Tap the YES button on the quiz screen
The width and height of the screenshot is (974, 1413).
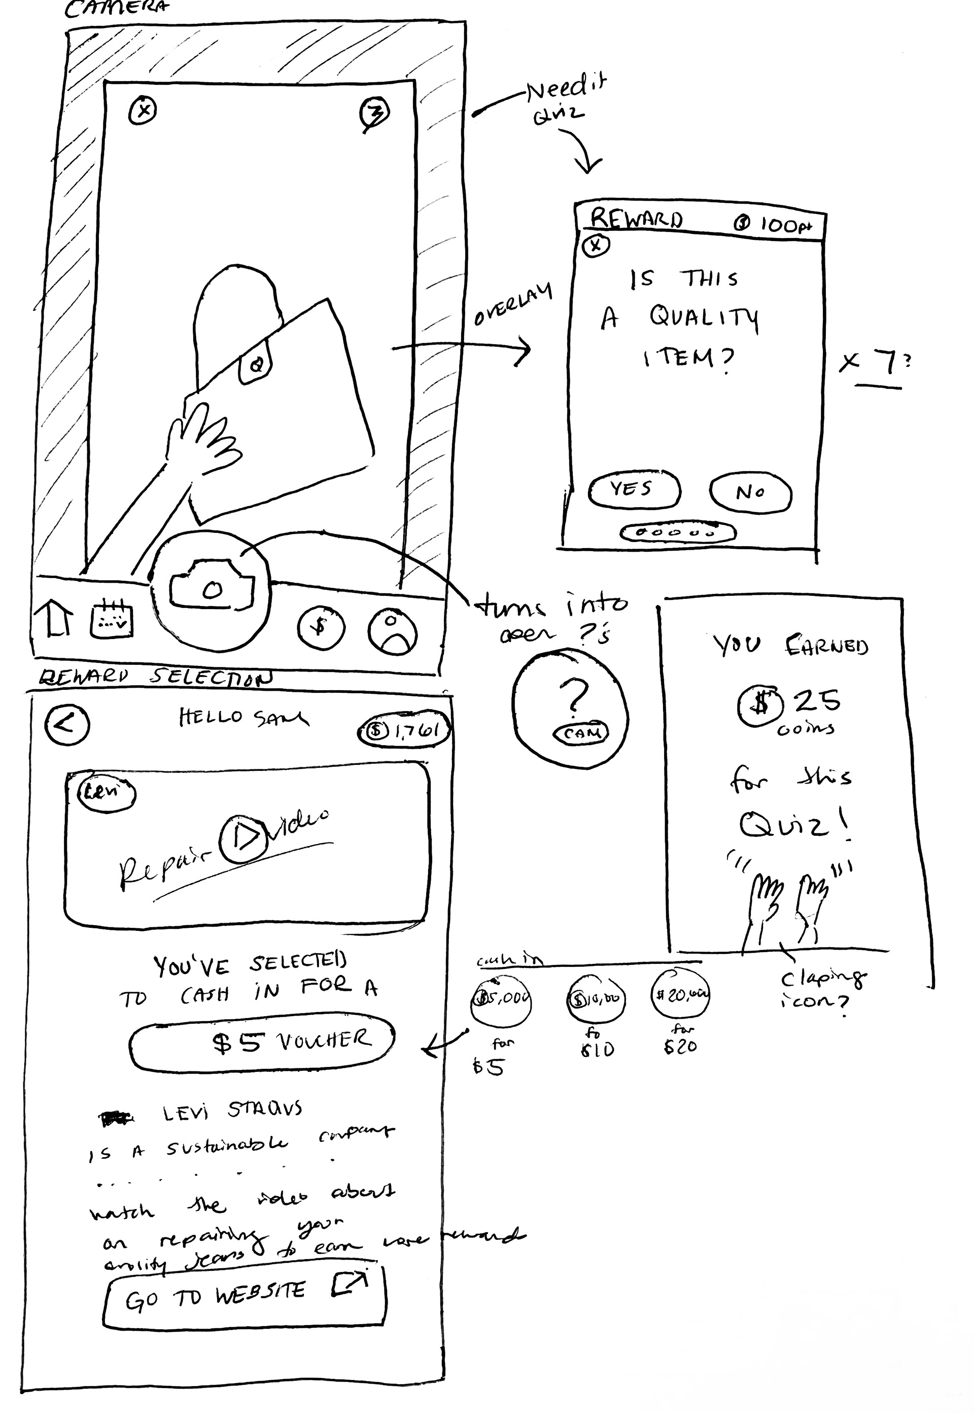click(634, 489)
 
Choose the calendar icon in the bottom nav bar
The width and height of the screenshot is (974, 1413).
click(111, 620)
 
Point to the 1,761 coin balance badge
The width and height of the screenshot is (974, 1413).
click(404, 730)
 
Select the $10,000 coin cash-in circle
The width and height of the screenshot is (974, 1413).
click(596, 999)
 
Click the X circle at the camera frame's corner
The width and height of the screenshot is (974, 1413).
click(144, 111)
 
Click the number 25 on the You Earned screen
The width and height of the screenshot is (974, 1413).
click(817, 700)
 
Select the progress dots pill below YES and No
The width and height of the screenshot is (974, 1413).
click(677, 532)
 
